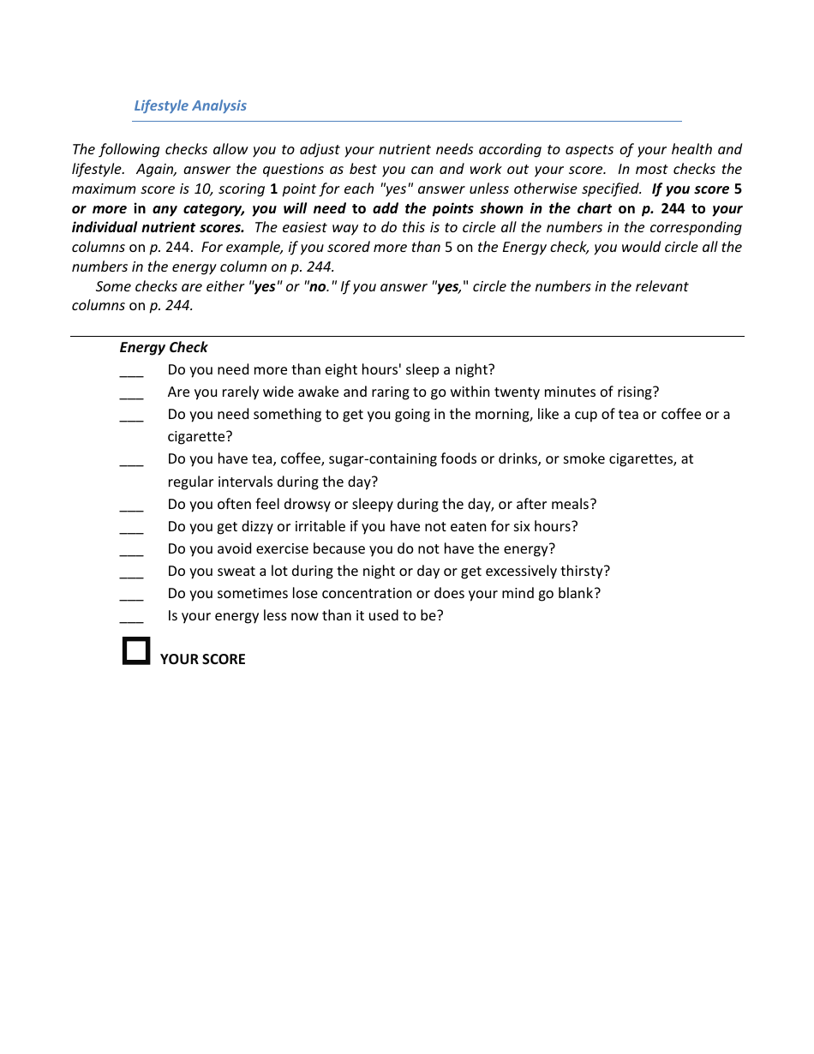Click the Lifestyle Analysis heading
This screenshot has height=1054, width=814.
[190, 105]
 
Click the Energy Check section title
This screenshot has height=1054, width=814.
[164, 347]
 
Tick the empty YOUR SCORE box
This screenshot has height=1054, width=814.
[136, 650]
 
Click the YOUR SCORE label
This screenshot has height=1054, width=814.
[202, 659]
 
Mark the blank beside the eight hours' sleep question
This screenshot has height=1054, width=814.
[131, 374]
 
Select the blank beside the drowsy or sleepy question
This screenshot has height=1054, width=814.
[131, 508]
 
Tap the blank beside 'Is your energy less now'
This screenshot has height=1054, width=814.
[131, 620]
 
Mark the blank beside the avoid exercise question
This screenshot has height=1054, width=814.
[131, 553]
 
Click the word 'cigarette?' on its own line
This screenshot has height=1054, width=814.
[200, 437]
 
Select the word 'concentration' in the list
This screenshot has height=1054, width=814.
[369, 593]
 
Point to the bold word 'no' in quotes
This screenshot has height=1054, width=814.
[318, 286]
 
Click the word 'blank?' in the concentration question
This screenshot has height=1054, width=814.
[580, 593]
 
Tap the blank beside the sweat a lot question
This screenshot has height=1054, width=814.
[131, 575]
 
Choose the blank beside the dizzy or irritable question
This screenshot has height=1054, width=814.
[131, 530]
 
